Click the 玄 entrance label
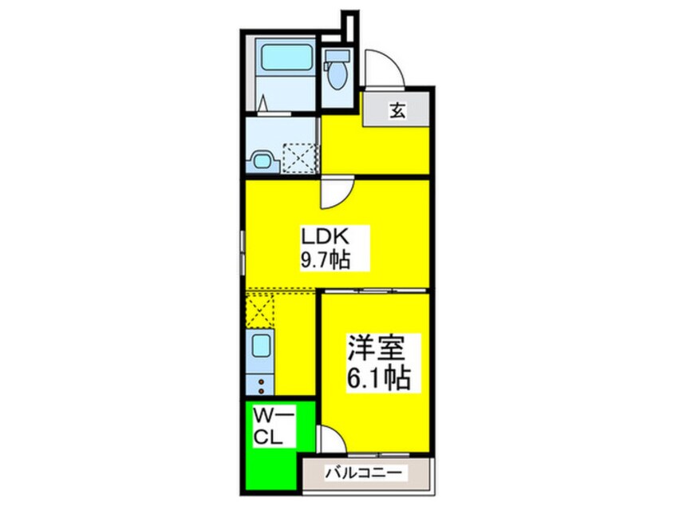[x=397, y=110]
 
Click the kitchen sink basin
[x=262, y=346]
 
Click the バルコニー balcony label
[x=365, y=474]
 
